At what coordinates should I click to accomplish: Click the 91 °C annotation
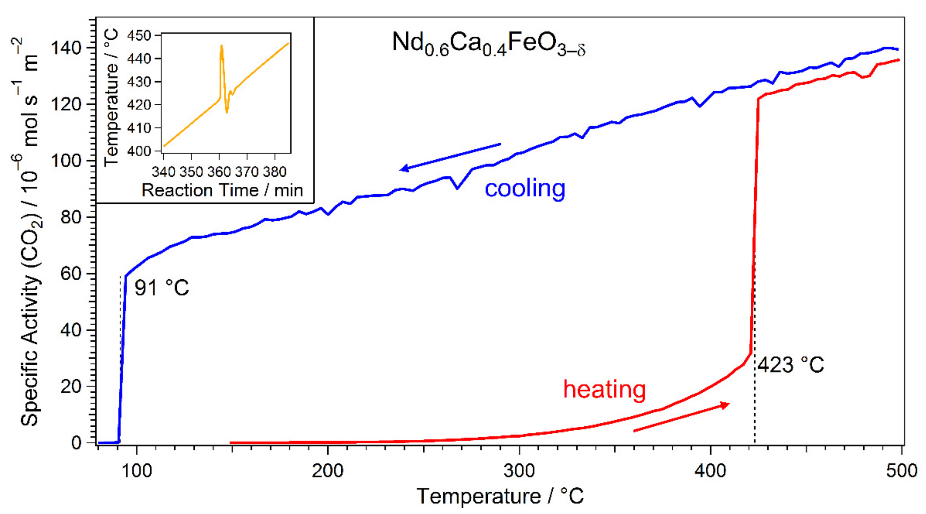point(161,288)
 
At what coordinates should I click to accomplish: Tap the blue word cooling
point(525,189)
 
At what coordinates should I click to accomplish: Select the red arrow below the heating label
point(681,417)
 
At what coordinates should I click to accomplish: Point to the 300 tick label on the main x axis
point(519,471)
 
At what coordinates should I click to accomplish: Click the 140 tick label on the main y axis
point(68,48)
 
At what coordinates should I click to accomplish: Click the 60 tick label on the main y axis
point(71,273)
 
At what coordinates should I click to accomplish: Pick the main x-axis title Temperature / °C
point(500,496)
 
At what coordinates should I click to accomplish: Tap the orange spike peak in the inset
point(222,46)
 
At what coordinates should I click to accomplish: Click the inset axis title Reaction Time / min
point(222,190)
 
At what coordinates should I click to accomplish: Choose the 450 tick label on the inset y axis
point(139,35)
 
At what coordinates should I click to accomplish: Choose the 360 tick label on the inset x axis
point(219,172)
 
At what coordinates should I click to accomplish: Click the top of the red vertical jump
point(758,98)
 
